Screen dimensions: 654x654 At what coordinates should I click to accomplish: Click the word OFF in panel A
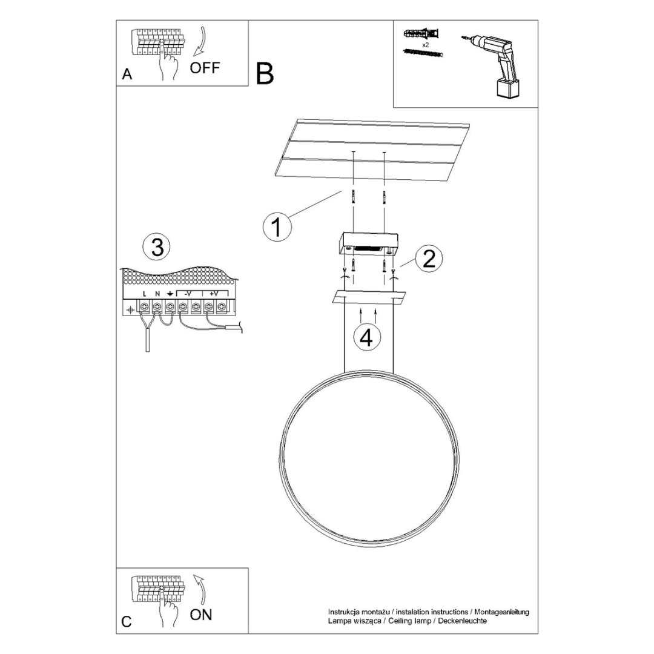pyautogui.click(x=205, y=67)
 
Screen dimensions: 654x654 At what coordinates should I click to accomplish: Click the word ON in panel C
pyautogui.click(x=201, y=615)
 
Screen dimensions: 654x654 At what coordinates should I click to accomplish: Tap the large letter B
pyautogui.click(x=265, y=73)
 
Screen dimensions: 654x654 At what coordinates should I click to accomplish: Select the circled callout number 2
pyautogui.click(x=429, y=259)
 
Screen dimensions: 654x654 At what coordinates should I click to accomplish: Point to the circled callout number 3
pyautogui.click(x=157, y=248)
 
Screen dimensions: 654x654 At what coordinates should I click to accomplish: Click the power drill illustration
pyautogui.click(x=495, y=64)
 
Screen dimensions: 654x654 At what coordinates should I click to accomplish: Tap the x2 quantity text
pyautogui.click(x=426, y=45)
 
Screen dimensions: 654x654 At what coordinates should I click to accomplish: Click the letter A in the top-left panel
pyautogui.click(x=127, y=74)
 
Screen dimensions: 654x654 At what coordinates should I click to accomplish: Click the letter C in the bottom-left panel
pyautogui.click(x=127, y=622)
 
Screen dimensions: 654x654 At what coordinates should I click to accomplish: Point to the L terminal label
pyautogui.click(x=145, y=294)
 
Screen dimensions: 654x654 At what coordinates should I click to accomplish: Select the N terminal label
pyautogui.click(x=157, y=294)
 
